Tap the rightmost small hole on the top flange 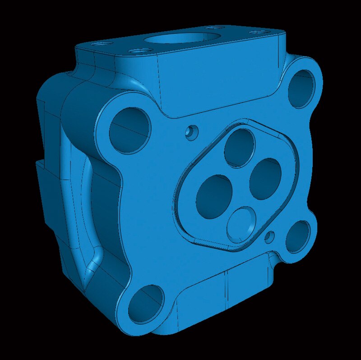pos(259,32)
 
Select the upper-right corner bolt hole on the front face pos(301,89)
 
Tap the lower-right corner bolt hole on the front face pos(298,236)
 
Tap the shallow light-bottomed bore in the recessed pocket pos(241,224)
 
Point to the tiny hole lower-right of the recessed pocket pos(270,236)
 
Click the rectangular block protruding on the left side pos(45,194)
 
